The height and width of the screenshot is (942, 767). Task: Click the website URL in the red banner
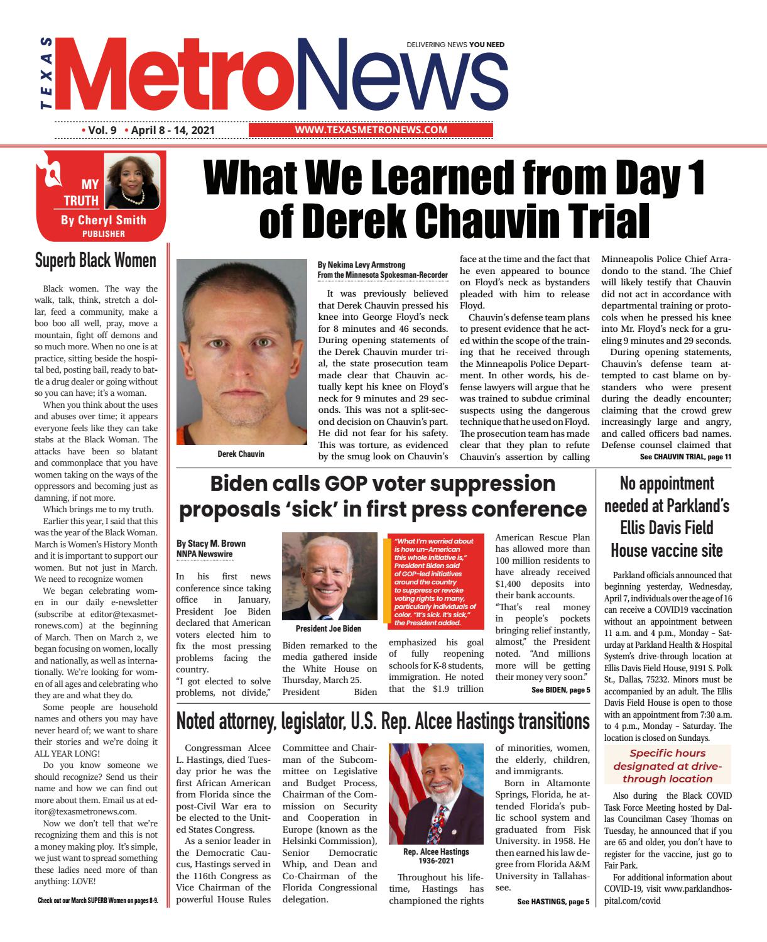point(371,130)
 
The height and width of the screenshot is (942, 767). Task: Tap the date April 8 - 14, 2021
point(173,130)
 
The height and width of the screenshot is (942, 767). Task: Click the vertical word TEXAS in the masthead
point(46,74)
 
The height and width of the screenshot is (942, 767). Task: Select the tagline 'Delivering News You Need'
point(455,45)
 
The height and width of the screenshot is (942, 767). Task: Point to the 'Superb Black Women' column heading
point(95,260)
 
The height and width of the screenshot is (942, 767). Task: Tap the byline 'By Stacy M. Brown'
point(210,543)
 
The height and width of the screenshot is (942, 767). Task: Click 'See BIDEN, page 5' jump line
point(560,690)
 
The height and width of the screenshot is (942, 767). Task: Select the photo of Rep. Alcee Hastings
point(436,793)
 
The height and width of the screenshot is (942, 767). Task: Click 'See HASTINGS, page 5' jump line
point(553,902)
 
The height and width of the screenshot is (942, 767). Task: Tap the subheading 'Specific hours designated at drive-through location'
point(667,765)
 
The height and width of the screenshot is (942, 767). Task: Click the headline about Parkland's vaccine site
point(666,517)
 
